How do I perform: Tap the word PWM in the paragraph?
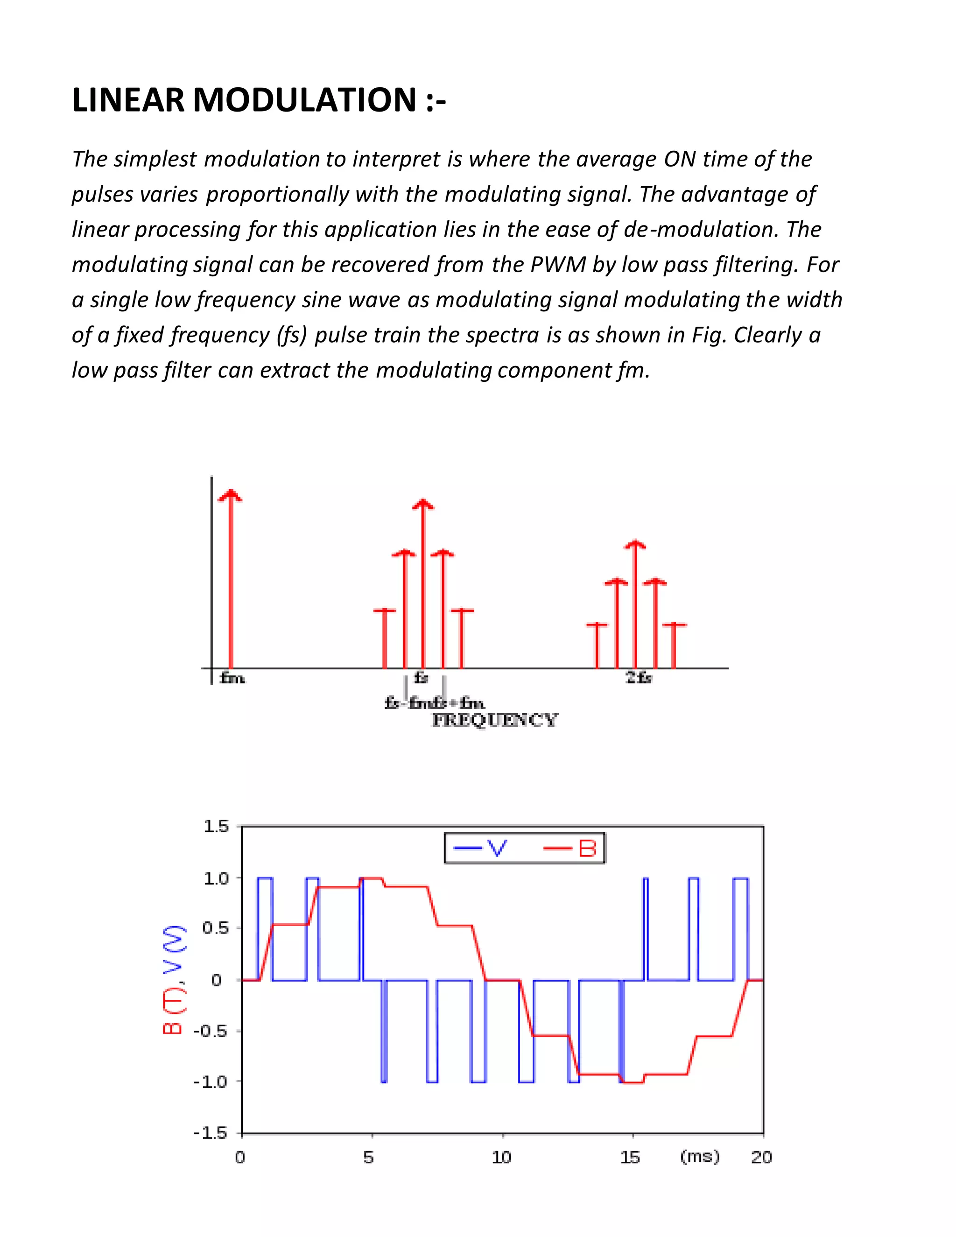pos(557,265)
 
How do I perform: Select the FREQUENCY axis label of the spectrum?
pos(494,720)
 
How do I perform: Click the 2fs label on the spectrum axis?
pos(638,678)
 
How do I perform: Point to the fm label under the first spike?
pos(232,678)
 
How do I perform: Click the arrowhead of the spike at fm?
pos(230,496)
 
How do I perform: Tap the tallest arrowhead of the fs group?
pos(423,504)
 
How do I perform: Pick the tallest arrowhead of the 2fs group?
pos(635,544)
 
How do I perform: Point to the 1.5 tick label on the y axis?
pos(216,826)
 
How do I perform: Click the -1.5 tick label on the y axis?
pos(210,1133)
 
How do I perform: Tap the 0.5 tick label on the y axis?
pos(216,928)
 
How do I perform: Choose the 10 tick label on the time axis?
pos(501,1157)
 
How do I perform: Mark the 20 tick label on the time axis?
pos(761,1157)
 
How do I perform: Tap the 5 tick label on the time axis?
pos(369,1157)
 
